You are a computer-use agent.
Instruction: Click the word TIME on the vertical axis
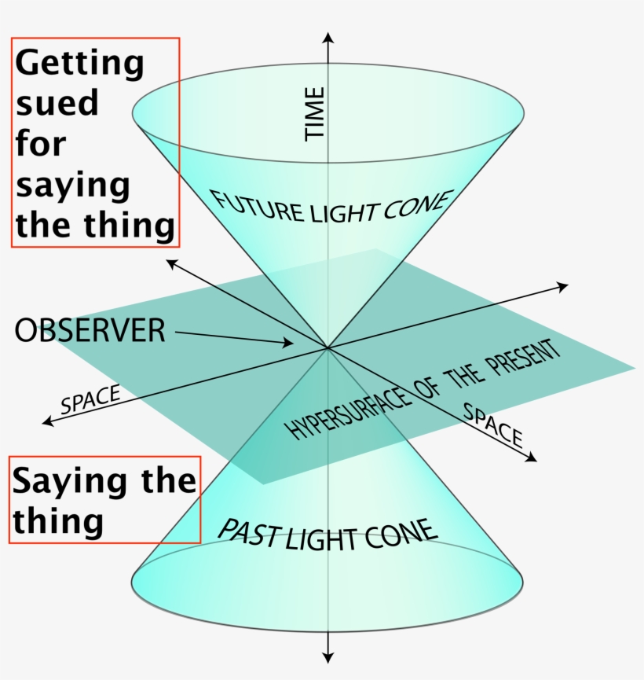pyautogui.click(x=315, y=114)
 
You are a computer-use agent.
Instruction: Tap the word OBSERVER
pyautogui.click(x=90, y=330)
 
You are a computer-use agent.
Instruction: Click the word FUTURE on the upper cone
pyautogui.click(x=258, y=207)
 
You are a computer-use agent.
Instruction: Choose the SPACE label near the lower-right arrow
pyautogui.click(x=493, y=425)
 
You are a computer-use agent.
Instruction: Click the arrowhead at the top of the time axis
pyautogui.click(x=328, y=37)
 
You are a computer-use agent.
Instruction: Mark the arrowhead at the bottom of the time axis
pyautogui.click(x=328, y=657)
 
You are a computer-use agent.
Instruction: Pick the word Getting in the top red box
pyautogui.click(x=79, y=64)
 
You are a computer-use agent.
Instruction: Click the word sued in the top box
pyautogui.click(x=57, y=103)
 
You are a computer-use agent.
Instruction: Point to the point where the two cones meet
pyautogui.click(x=327, y=347)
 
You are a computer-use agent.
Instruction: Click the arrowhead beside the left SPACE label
pyautogui.click(x=48, y=421)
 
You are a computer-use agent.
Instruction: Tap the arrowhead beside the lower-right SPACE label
pyautogui.click(x=532, y=458)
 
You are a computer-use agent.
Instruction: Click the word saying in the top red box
pyautogui.click(x=73, y=186)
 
